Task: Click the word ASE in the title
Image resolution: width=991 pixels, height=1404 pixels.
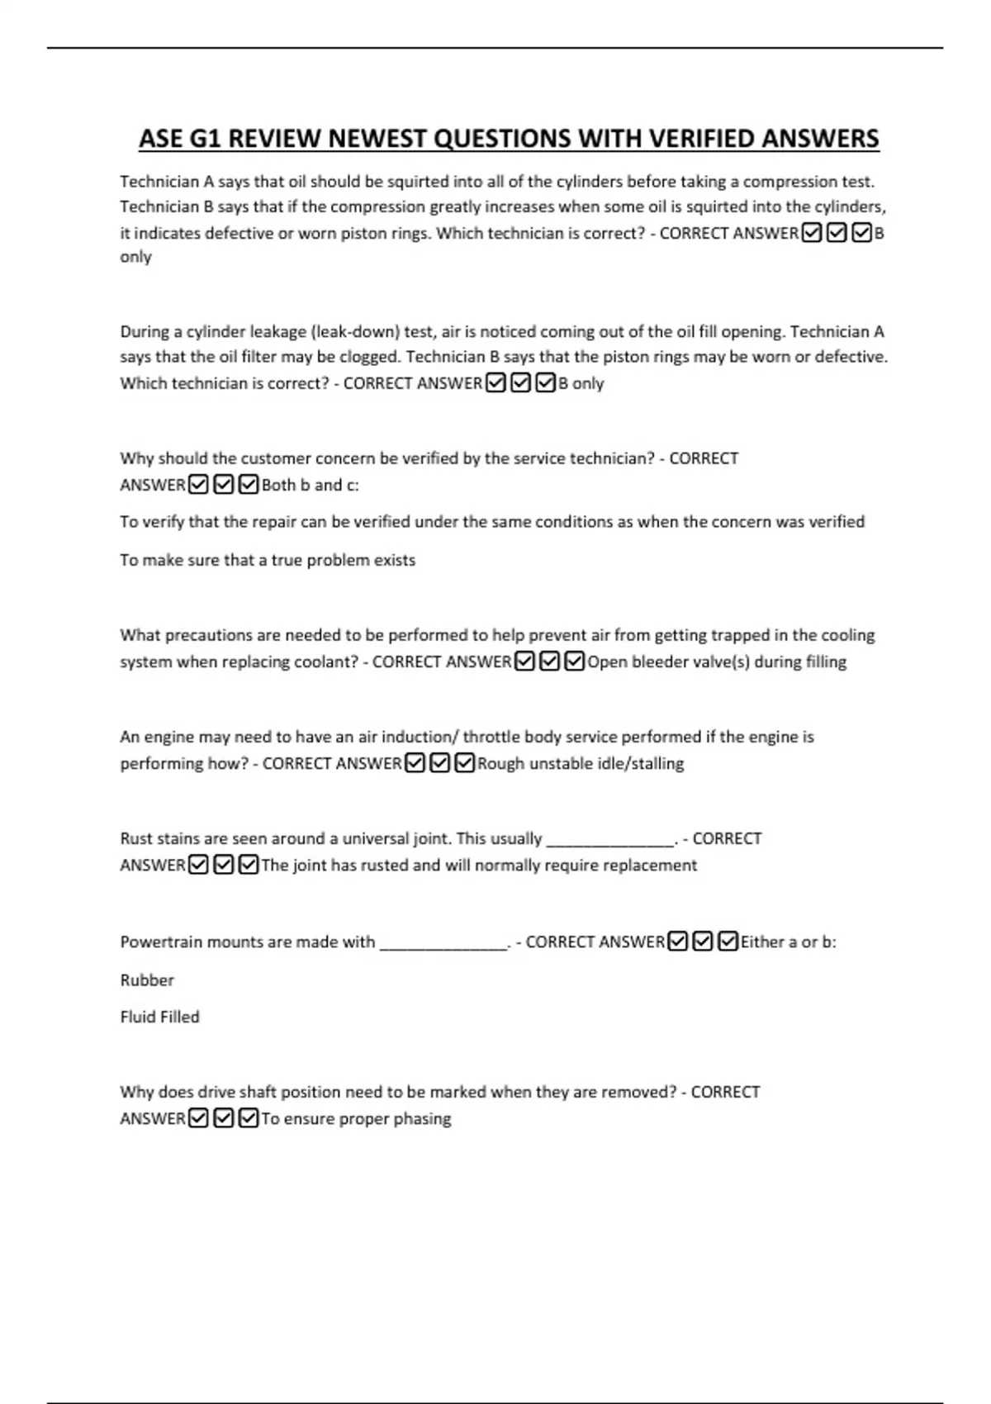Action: pyautogui.click(x=161, y=139)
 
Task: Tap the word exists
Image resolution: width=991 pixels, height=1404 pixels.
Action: pyautogui.click(x=395, y=560)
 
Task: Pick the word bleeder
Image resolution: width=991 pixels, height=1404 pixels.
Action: pyautogui.click(x=661, y=662)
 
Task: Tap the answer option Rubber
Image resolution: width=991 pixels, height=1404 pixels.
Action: pyautogui.click(x=147, y=980)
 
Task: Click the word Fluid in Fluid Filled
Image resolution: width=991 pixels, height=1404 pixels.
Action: pyautogui.click(x=138, y=1017)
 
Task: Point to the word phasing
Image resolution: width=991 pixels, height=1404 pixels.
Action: pyautogui.click(x=423, y=1119)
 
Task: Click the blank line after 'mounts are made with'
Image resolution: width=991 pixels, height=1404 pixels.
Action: pyautogui.click(x=443, y=946)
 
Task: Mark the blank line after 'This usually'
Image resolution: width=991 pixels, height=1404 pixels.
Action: pyautogui.click(x=609, y=843)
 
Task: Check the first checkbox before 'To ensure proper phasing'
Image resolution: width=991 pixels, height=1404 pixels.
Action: pyautogui.click(x=198, y=1118)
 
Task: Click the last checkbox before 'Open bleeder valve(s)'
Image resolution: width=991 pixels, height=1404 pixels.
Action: pyautogui.click(x=575, y=662)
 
